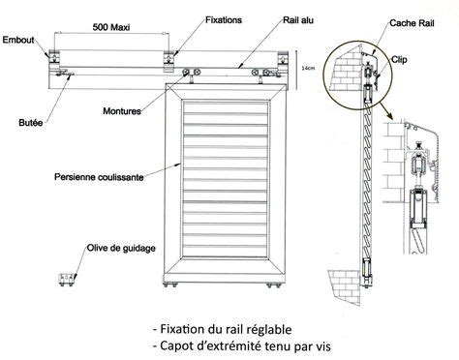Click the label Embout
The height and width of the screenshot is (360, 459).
point(18,40)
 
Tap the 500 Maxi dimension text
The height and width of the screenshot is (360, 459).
point(111,27)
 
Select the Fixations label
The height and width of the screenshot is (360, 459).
point(224,20)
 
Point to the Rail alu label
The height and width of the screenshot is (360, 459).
point(298,20)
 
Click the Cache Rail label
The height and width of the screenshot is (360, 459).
point(412,23)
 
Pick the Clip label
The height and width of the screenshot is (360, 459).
point(399,60)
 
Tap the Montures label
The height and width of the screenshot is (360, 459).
point(122,111)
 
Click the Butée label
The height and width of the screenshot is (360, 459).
point(31,123)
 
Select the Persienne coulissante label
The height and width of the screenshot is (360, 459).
point(99,177)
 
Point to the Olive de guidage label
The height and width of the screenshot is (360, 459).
point(121,248)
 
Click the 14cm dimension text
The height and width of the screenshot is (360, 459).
point(308,68)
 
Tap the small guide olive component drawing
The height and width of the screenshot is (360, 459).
point(67,280)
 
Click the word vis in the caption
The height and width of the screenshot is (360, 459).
point(322,346)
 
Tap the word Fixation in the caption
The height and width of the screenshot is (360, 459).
point(182,329)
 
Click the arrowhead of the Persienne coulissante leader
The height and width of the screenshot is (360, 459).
point(178,165)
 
